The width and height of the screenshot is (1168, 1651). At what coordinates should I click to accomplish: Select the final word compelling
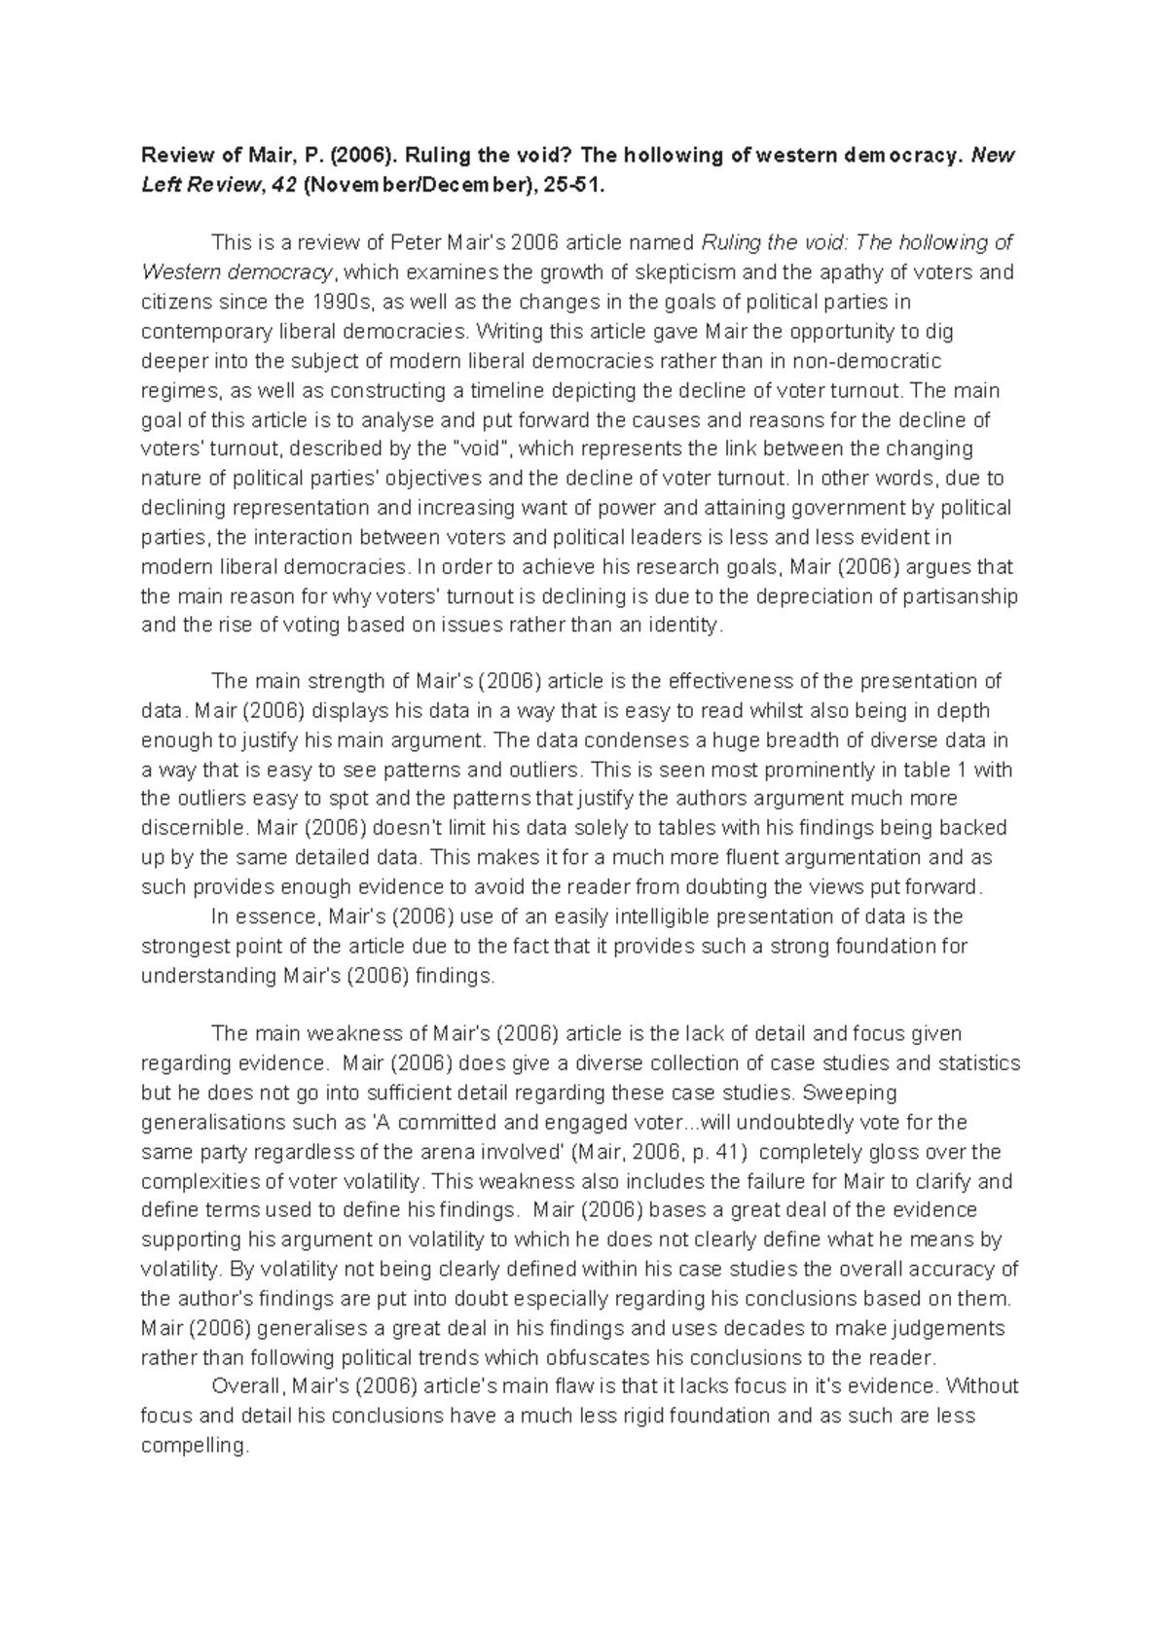[x=193, y=1446]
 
